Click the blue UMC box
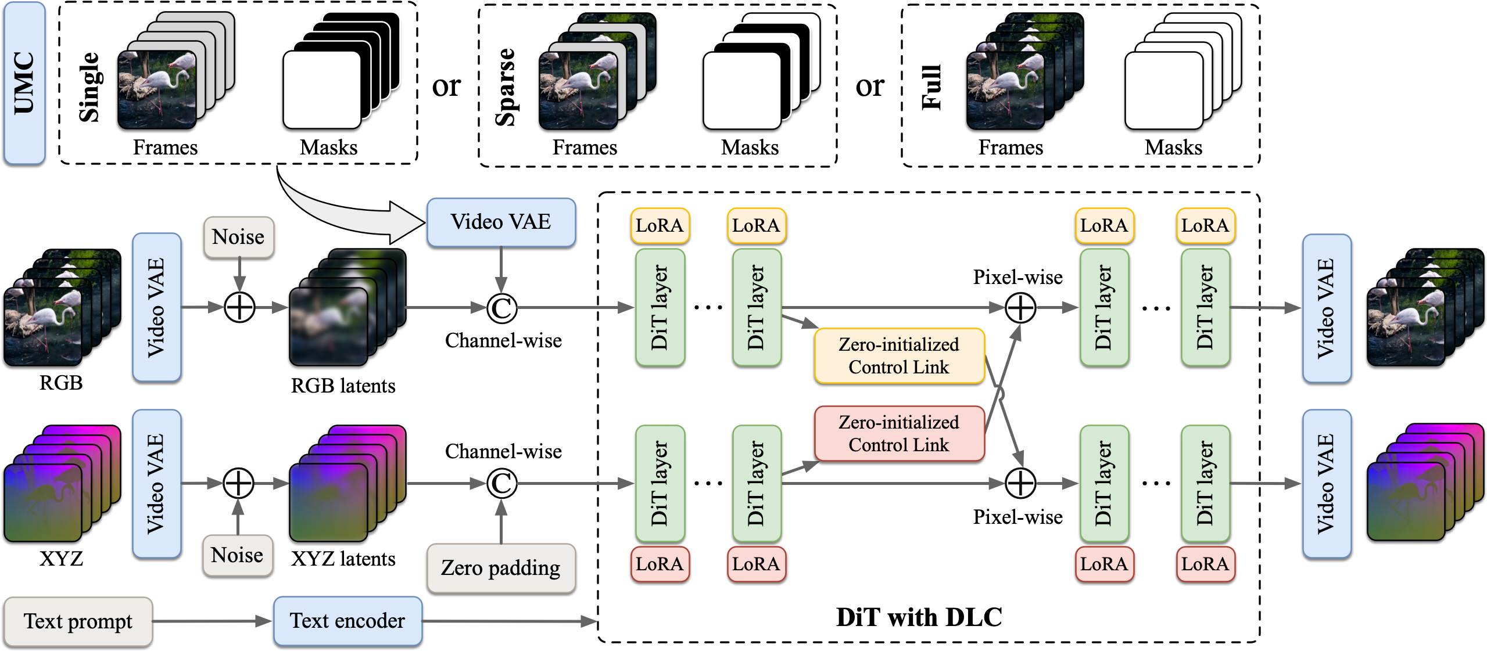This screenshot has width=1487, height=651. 24,83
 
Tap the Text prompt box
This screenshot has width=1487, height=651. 78,621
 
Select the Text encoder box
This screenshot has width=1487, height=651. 347,621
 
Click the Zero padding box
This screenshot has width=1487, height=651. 500,568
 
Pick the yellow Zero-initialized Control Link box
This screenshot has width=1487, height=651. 898,356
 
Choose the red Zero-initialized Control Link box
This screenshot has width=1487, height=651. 898,434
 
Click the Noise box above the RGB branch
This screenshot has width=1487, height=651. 238,237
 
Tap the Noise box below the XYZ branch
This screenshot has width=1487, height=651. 237,555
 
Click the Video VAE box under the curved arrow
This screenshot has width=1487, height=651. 500,222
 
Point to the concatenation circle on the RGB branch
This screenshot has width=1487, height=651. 501,308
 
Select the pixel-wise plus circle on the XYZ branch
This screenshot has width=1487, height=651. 1020,483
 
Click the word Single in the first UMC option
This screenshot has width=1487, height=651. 89,87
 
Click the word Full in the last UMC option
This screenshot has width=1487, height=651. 931,87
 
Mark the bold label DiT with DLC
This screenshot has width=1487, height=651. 919,617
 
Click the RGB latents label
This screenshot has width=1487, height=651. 343,386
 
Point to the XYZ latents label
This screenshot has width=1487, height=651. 343,559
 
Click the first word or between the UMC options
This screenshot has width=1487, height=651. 446,87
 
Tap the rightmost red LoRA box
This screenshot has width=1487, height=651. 1205,564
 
